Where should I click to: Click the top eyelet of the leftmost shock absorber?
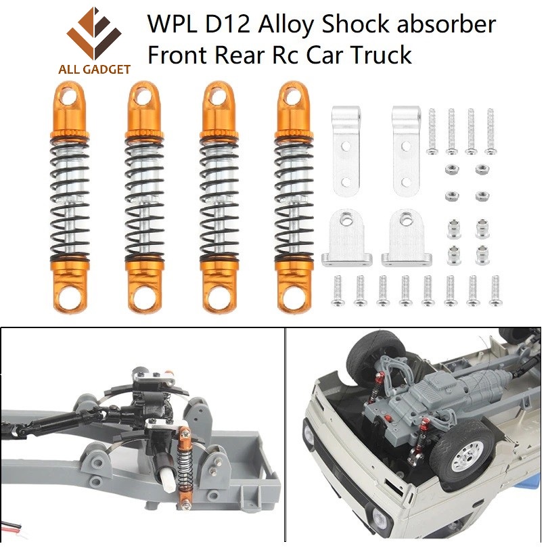(68, 97)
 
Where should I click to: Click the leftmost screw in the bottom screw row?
(338, 289)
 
